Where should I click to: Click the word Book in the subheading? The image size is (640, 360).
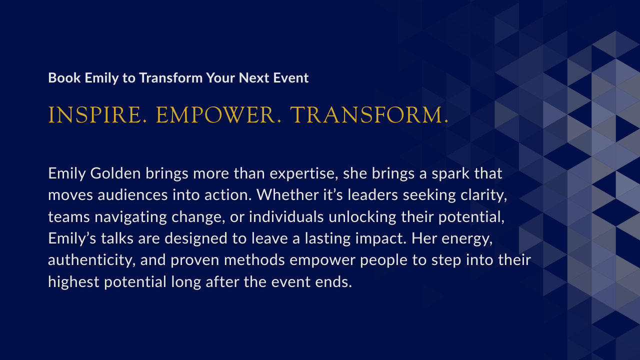(64, 77)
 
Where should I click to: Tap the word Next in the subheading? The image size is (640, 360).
(253, 77)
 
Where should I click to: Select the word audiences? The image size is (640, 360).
(132, 195)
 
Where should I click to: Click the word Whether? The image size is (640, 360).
(287, 195)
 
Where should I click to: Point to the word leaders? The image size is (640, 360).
(372, 195)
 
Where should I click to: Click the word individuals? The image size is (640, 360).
(286, 217)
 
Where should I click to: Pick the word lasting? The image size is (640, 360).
(327, 238)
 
